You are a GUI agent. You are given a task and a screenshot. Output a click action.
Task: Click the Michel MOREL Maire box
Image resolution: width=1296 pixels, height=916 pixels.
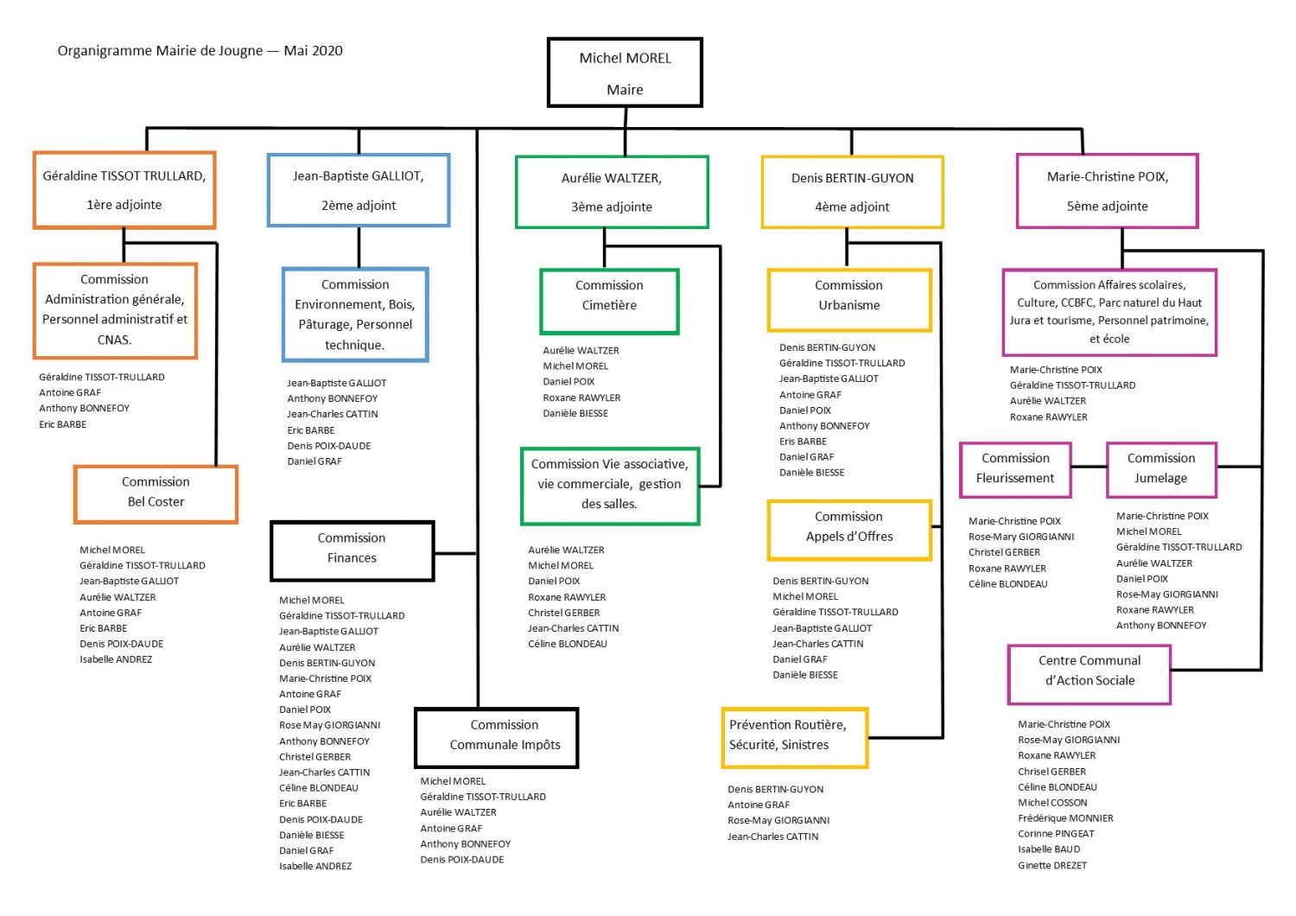point(625,73)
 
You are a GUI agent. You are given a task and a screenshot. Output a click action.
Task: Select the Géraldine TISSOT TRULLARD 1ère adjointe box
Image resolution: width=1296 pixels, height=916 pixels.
point(124,190)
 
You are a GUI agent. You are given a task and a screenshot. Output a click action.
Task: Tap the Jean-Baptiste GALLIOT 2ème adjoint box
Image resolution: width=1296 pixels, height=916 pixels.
point(359,190)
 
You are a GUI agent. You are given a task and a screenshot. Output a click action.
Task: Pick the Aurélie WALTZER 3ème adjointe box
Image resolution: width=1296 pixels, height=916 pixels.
point(612,192)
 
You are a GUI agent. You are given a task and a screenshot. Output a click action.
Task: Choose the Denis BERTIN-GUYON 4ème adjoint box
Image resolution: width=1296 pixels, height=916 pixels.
point(852,192)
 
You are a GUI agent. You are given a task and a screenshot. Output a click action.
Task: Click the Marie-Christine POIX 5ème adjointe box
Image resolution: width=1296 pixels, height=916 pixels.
point(1108,191)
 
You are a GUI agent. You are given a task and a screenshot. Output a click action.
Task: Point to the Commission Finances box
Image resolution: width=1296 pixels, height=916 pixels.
point(352,550)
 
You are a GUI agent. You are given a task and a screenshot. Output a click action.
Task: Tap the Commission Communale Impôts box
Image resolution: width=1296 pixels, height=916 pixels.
point(497,738)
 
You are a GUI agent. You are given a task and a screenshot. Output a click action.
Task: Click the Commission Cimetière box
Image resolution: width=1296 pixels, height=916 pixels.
point(609,302)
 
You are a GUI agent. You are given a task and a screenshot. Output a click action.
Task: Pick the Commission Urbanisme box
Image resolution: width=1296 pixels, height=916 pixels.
point(849,301)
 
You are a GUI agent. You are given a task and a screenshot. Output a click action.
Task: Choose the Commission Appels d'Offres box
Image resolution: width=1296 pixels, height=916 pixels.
point(849,531)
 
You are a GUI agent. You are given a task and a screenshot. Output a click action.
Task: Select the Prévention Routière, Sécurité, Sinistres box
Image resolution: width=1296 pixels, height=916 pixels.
point(795,738)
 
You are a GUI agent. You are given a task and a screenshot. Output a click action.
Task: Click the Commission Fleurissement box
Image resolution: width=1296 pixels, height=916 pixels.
point(1015,470)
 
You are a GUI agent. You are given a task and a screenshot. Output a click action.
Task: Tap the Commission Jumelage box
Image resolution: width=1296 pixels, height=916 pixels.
point(1162,470)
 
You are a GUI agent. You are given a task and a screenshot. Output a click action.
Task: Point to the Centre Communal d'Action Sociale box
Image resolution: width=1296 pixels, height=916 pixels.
point(1090,675)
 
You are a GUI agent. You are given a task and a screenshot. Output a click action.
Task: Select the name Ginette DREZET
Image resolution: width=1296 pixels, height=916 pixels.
point(1052,865)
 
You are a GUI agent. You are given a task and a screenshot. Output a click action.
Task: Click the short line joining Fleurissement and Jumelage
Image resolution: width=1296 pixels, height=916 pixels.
point(1089,467)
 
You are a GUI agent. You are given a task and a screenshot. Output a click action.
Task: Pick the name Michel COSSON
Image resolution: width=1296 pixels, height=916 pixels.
point(1052,803)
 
